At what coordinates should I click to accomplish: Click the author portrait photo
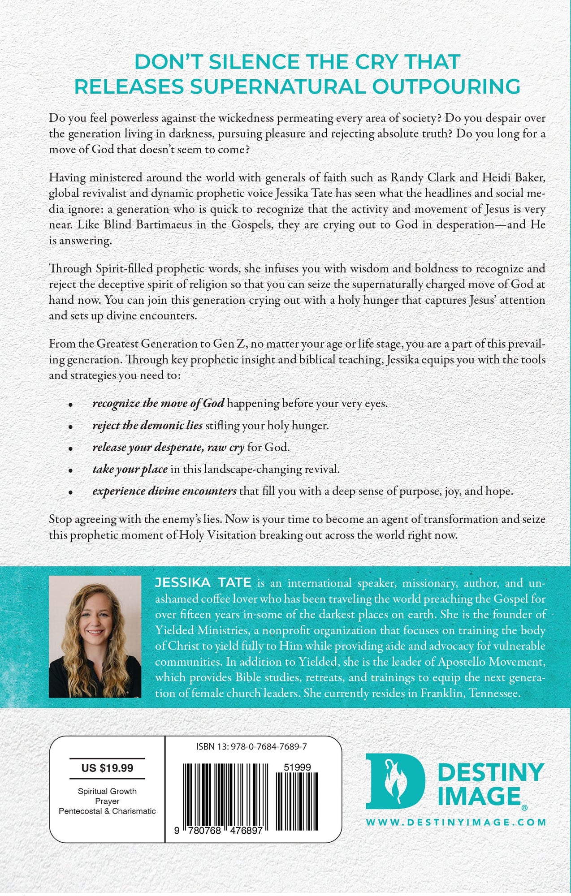pos(95,637)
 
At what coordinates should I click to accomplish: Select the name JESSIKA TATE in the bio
pos(203,582)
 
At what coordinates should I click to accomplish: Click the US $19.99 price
pos(107,768)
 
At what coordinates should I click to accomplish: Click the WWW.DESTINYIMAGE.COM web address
pos(456,822)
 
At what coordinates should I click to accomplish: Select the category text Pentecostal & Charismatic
pos(107,811)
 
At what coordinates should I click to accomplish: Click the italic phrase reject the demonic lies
pos(147,425)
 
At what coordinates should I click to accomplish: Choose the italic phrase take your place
pos(130,469)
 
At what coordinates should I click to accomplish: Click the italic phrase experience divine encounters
pos(164,491)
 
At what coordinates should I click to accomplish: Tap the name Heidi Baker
pos(514,177)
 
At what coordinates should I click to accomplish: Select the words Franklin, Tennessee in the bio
pos(470,693)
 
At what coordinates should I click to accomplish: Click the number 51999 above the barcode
pos(297,767)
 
